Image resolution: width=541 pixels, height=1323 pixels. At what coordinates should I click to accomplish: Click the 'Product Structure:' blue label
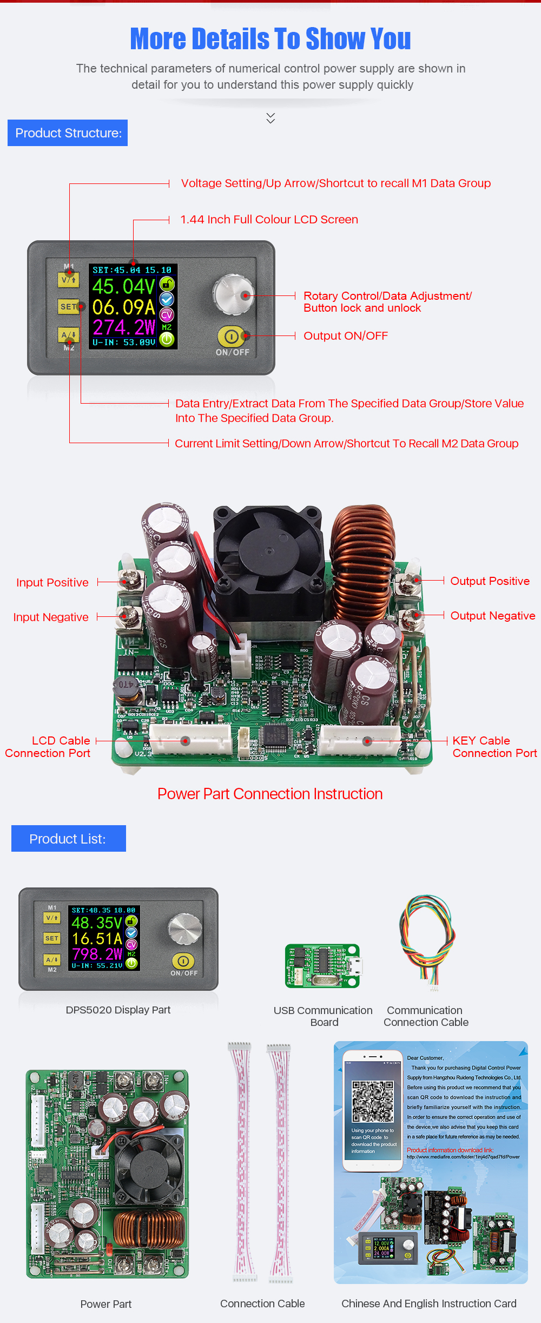(x=68, y=133)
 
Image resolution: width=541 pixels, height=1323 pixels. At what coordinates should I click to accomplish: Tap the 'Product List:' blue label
(x=68, y=839)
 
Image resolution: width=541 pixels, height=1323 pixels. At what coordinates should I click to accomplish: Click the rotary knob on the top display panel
(x=233, y=294)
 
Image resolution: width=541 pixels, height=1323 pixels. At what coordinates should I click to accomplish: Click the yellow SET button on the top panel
(x=69, y=307)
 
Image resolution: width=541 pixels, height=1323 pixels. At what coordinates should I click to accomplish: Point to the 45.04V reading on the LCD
(x=124, y=287)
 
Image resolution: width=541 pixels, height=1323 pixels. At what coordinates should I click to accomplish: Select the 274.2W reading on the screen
(x=124, y=327)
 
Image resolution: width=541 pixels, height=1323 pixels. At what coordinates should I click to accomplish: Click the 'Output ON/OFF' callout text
(x=346, y=336)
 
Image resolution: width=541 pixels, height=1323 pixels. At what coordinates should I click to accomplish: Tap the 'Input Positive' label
(x=52, y=583)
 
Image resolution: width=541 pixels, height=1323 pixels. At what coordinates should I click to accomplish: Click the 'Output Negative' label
(x=492, y=616)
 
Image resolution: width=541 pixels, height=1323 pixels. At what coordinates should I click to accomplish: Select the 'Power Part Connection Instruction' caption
(x=270, y=794)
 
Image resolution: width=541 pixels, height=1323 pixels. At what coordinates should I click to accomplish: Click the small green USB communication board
(x=322, y=966)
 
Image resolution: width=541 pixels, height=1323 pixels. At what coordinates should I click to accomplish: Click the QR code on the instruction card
(x=373, y=1102)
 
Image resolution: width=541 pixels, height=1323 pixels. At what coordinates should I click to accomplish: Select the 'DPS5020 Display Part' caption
(x=118, y=1010)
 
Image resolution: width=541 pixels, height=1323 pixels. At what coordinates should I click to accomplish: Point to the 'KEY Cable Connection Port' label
(x=494, y=747)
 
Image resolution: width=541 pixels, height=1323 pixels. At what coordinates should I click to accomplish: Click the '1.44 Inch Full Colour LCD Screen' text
(x=269, y=220)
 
